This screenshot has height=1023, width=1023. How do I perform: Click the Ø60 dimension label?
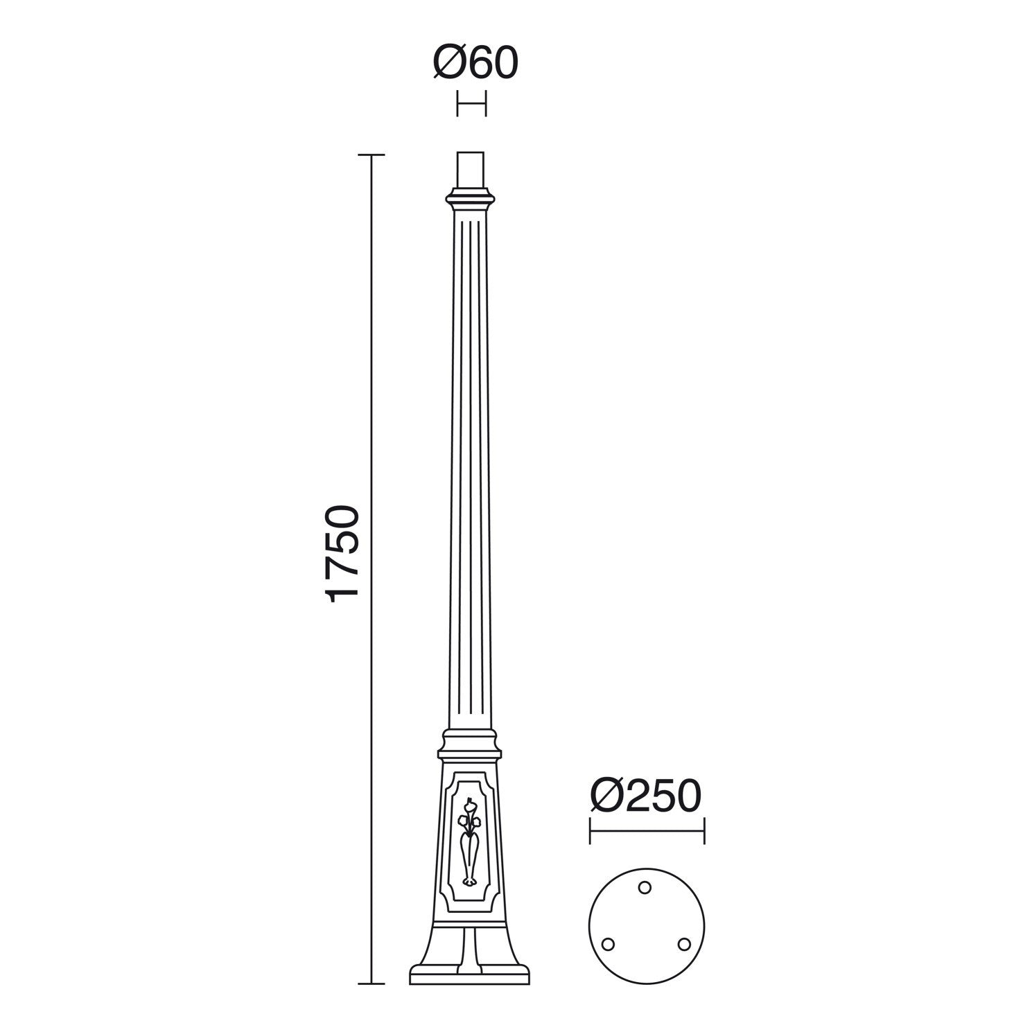pos(475,63)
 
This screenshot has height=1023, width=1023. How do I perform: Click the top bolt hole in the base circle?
pos(645,886)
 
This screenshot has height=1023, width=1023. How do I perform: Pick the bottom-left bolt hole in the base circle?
pos(609,944)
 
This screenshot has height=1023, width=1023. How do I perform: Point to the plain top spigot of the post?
pos(471,170)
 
